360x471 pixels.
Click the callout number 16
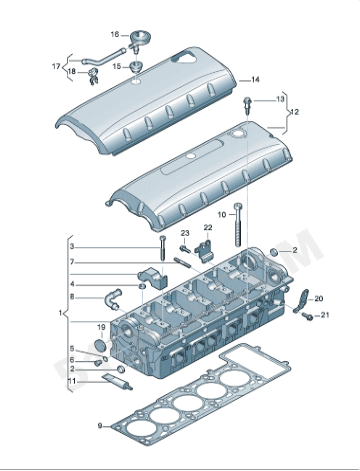pos(115,34)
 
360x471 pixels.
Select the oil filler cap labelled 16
pos(137,40)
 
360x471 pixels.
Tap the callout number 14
pos(255,80)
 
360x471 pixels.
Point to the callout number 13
pos(280,99)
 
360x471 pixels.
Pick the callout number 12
pos(294,112)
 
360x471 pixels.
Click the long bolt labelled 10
pos(238,225)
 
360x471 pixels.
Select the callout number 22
pos(208,227)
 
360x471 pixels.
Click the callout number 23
pos(185,233)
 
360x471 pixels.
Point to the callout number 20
pos(319,299)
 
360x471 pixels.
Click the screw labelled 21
pos(307,316)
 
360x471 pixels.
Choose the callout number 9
pos(100,426)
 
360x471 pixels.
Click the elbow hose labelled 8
pos(111,298)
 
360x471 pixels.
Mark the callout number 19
pos(101,328)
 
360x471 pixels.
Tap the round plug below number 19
pos(101,345)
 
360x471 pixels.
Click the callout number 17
pos(56,66)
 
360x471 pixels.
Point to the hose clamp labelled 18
pos(93,76)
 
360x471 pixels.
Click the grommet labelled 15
pos(136,67)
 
